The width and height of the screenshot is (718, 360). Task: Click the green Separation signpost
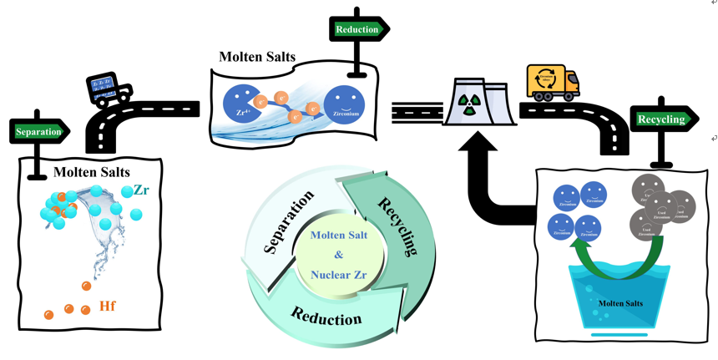pos(38,132)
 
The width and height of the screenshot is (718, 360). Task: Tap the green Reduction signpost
pos(357,30)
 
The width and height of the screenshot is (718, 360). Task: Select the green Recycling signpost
pos(661,119)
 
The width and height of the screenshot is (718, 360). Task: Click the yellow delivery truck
pos(553,83)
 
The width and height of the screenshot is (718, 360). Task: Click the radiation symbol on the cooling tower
pos(472,104)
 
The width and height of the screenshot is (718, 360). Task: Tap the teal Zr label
pos(141,190)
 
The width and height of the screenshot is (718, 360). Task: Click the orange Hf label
pos(107,307)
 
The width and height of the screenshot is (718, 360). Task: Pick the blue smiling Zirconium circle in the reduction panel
pos(344,106)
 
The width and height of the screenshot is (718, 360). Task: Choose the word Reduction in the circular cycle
pos(326,316)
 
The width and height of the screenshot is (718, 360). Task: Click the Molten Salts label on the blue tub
pos(619,303)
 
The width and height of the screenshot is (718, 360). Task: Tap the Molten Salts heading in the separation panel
pos(92,172)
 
